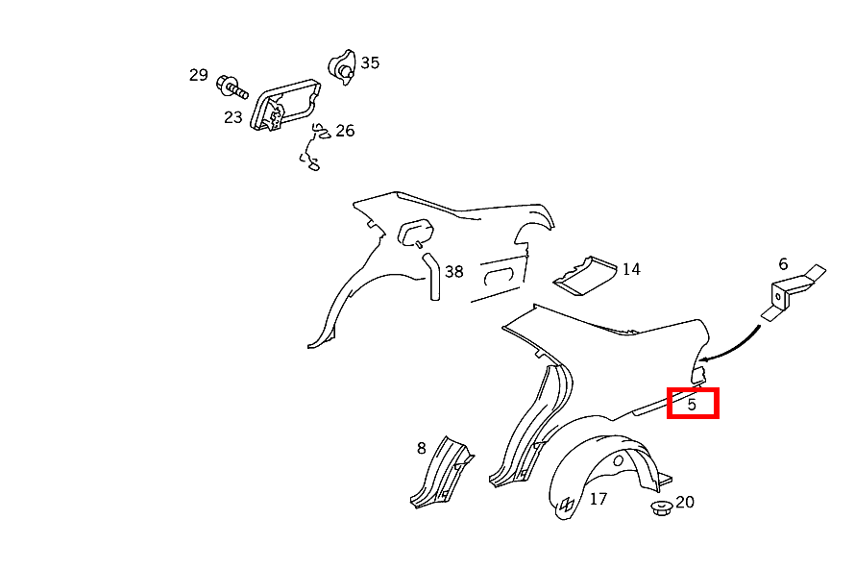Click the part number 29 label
[199, 75]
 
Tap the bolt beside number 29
[232, 87]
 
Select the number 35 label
[370, 62]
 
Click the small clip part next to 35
[342, 67]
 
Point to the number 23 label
[232, 117]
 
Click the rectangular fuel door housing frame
[285, 104]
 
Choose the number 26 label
[345, 131]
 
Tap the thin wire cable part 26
[312, 146]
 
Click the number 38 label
[453, 272]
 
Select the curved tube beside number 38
[433, 277]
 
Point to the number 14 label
[631, 269]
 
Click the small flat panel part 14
[584, 276]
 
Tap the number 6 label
[783, 264]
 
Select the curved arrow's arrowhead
[704, 359]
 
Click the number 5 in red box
[692, 405]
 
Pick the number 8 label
[421, 448]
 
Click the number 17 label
[598, 499]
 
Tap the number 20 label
[685, 502]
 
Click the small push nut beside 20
[662, 508]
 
